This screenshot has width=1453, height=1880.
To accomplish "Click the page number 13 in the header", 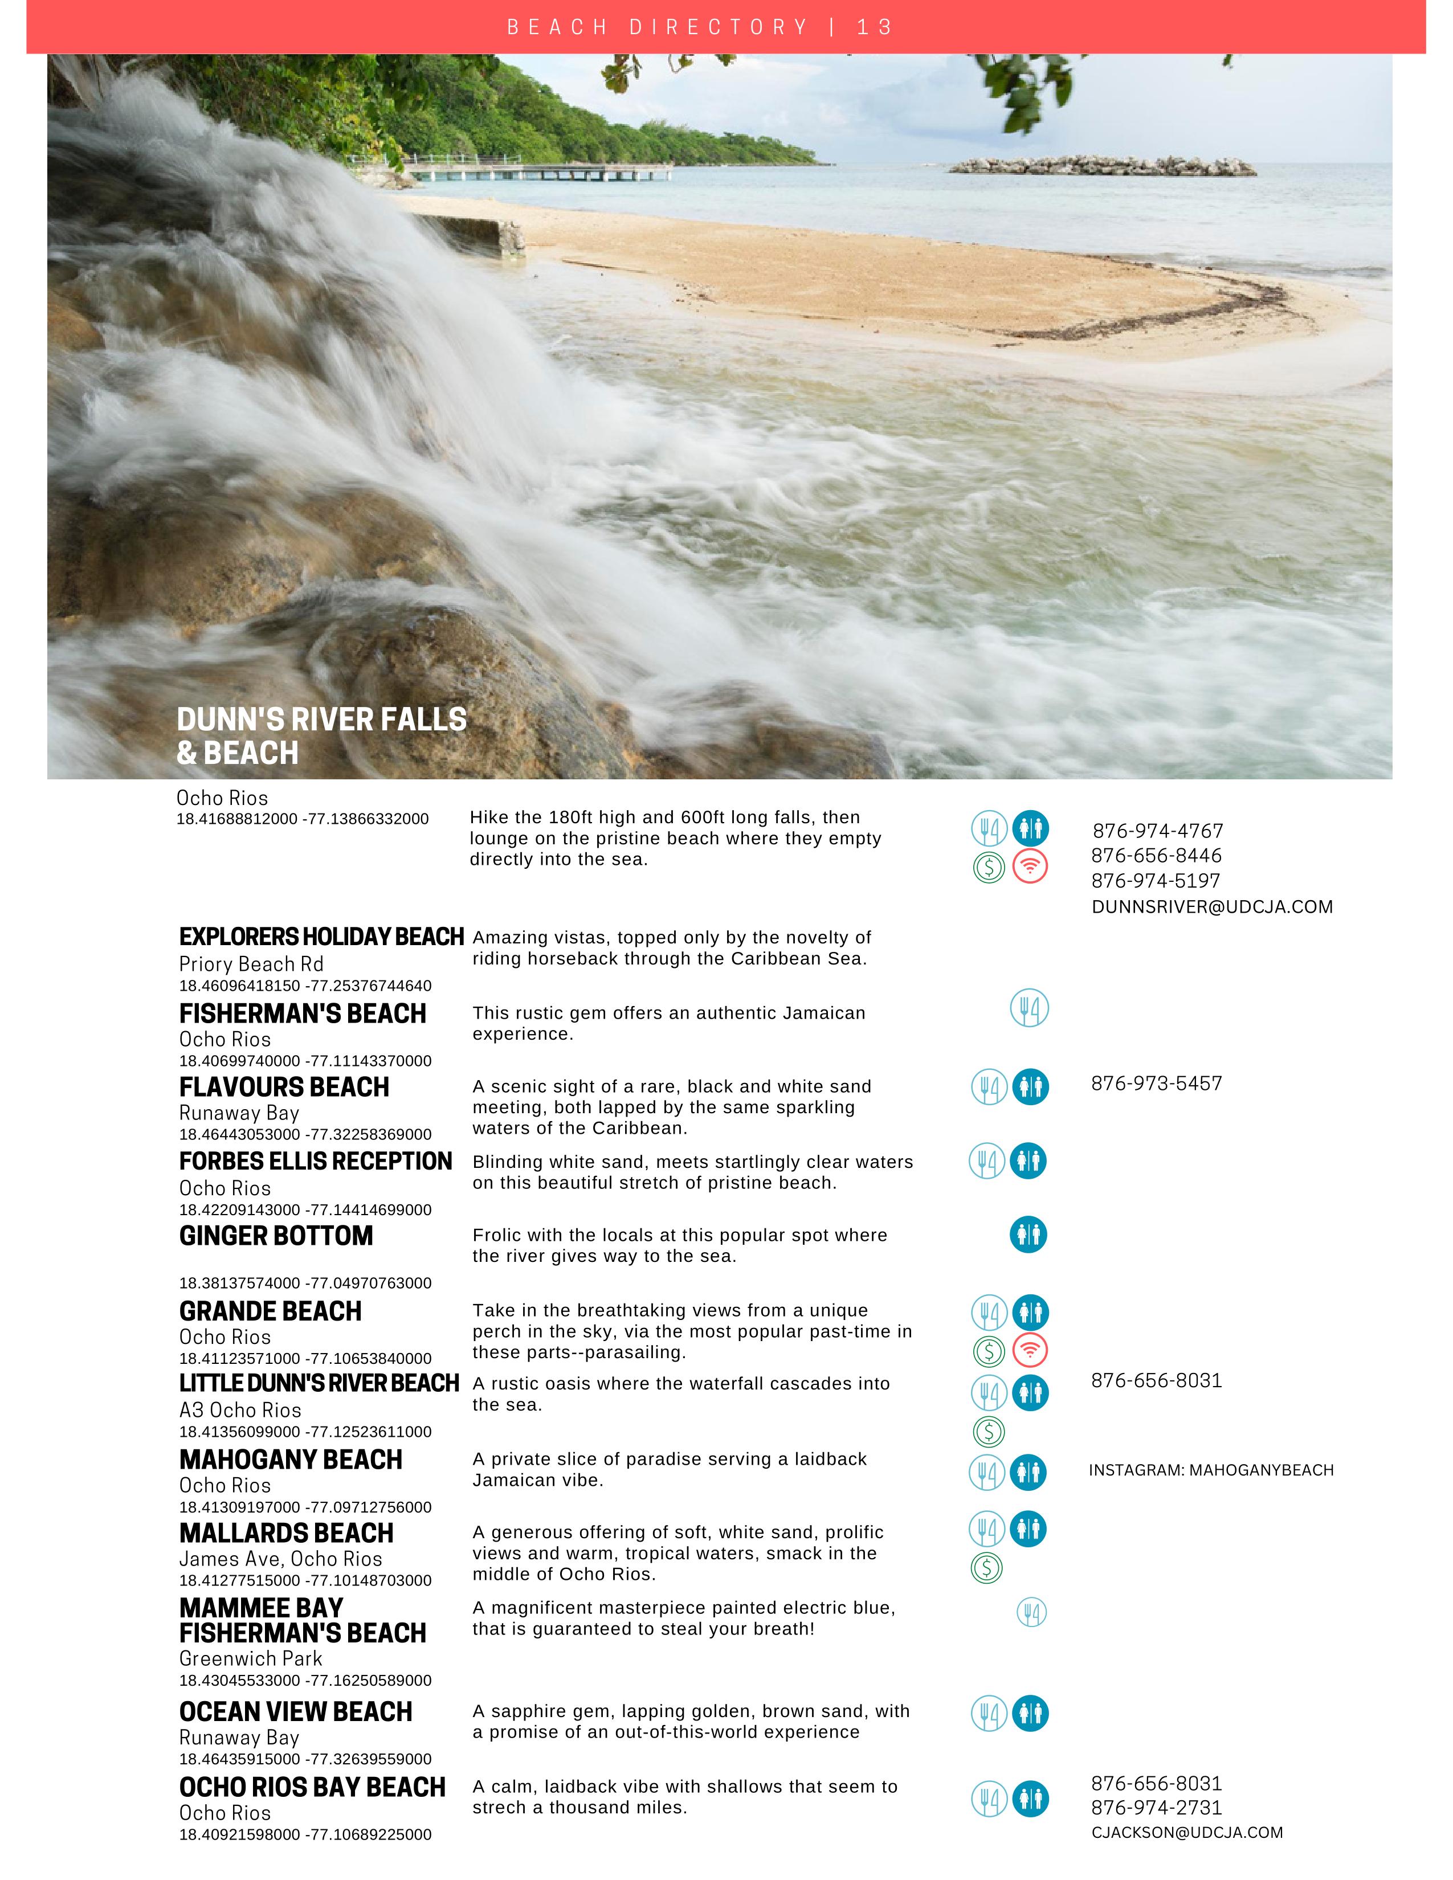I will pos(875,27).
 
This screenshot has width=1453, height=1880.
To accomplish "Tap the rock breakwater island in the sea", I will pos(1103,165).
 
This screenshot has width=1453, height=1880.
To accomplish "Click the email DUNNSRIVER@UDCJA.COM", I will pos(1211,906).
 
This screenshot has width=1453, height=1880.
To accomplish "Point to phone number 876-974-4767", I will pos(1157,831).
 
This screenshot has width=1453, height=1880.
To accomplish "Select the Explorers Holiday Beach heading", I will pos(321,937).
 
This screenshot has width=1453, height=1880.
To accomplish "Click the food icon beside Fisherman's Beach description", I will pos(1028,1008).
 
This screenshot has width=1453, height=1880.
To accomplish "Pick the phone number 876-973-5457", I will pos(1156,1084).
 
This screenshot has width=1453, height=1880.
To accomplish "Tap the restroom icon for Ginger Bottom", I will pos(1028,1235).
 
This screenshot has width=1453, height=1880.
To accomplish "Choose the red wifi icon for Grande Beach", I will pos(1030,1350).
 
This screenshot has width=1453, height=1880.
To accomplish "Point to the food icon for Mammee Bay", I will pos(1031,1612).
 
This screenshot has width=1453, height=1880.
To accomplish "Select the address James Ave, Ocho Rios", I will pos(280,1559).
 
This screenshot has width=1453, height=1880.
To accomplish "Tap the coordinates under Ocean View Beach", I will pos(305,1759).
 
